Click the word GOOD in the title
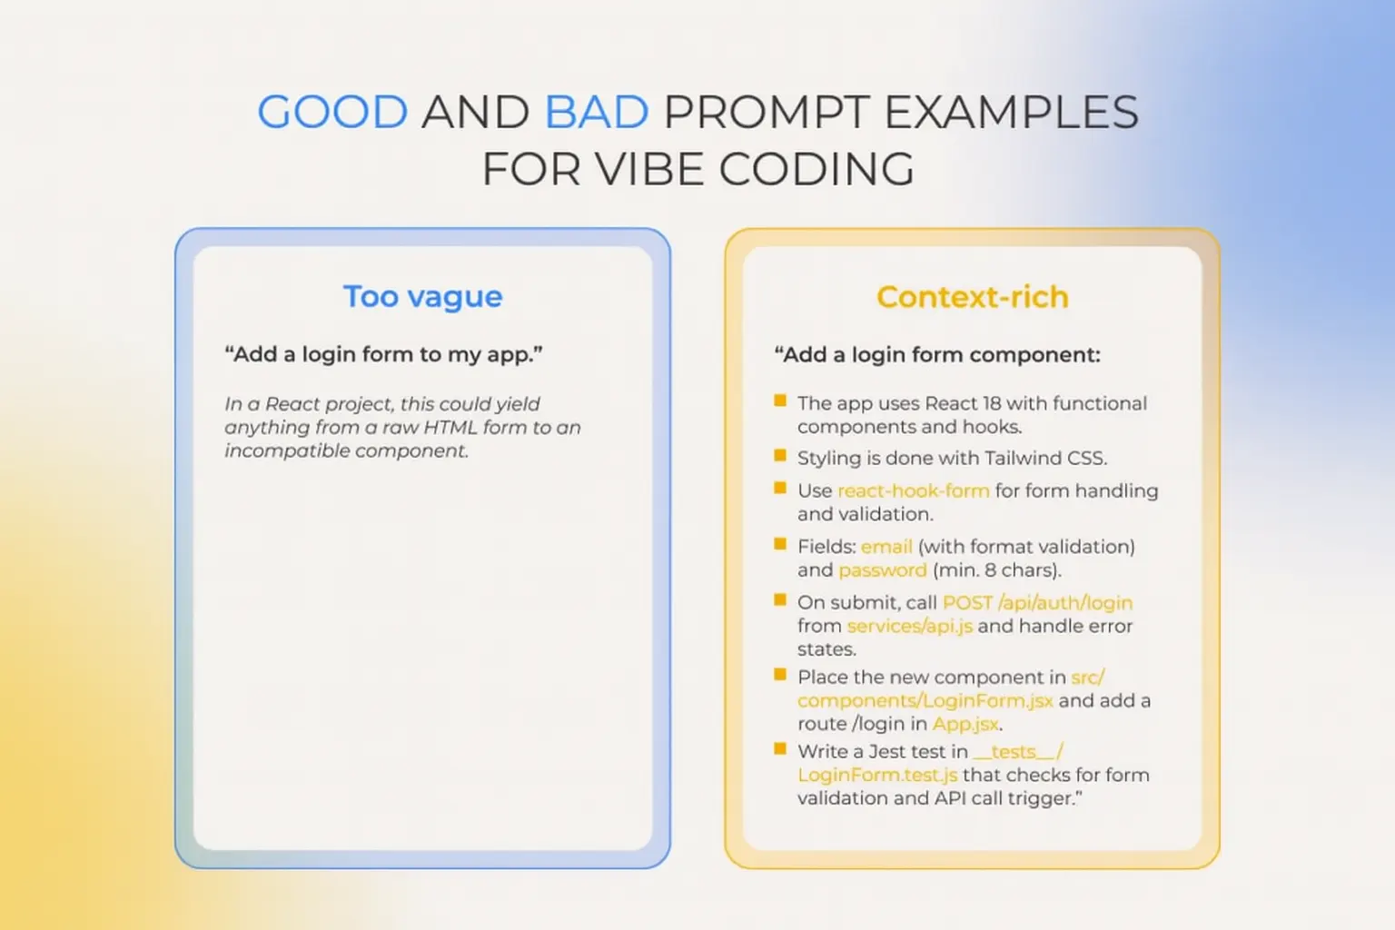pos(332,112)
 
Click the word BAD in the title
pos(597,112)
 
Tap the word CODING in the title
pos(816,169)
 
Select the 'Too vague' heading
pos(423,296)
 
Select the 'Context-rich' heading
pos(972,296)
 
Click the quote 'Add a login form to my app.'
pos(383,354)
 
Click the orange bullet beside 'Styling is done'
pos(780,455)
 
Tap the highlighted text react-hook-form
pos(914,490)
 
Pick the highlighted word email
pos(886,547)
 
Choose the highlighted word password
pos(883,570)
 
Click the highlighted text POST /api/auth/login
pos(1037,603)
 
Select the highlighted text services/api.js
pos(910,626)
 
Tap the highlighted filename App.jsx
pos(965,724)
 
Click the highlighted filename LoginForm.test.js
pos(877,775)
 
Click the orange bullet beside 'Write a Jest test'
pos(780,748)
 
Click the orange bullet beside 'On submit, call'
pos(780,599)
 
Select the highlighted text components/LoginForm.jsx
pos(925,701)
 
